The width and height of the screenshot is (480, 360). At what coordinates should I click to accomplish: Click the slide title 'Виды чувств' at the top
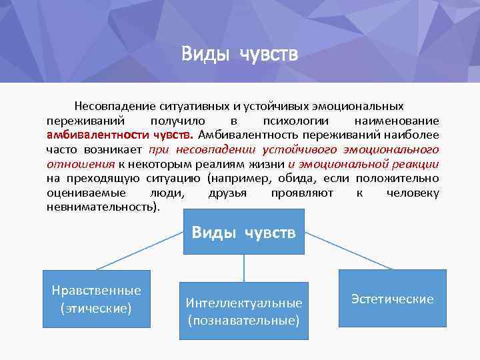click(x=239, y=53)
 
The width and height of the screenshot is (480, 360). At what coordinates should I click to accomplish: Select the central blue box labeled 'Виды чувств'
click(x=243, y=232)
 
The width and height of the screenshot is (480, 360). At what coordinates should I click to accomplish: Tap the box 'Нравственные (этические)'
click(x=96, y=299)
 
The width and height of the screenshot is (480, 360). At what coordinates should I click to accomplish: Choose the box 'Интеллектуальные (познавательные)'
click(x=243, y=311)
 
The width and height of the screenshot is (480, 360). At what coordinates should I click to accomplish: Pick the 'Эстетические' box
click(x=392, y=299)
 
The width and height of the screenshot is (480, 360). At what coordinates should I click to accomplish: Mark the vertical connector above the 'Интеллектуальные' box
click(x=243, y=267)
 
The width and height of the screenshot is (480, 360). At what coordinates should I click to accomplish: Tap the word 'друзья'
click(x=227, y=193)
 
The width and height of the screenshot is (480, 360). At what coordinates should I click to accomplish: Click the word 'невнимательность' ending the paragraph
click(x=100, y=207)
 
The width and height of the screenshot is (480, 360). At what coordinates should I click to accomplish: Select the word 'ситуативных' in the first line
click(x=193, y=107)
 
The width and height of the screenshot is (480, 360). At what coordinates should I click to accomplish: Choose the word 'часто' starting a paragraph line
click(x=62, y=150)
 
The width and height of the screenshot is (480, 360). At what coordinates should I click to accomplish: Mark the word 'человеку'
click(x=413, y=193)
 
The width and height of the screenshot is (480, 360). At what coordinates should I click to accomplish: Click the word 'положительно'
click(x=397, y=179)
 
